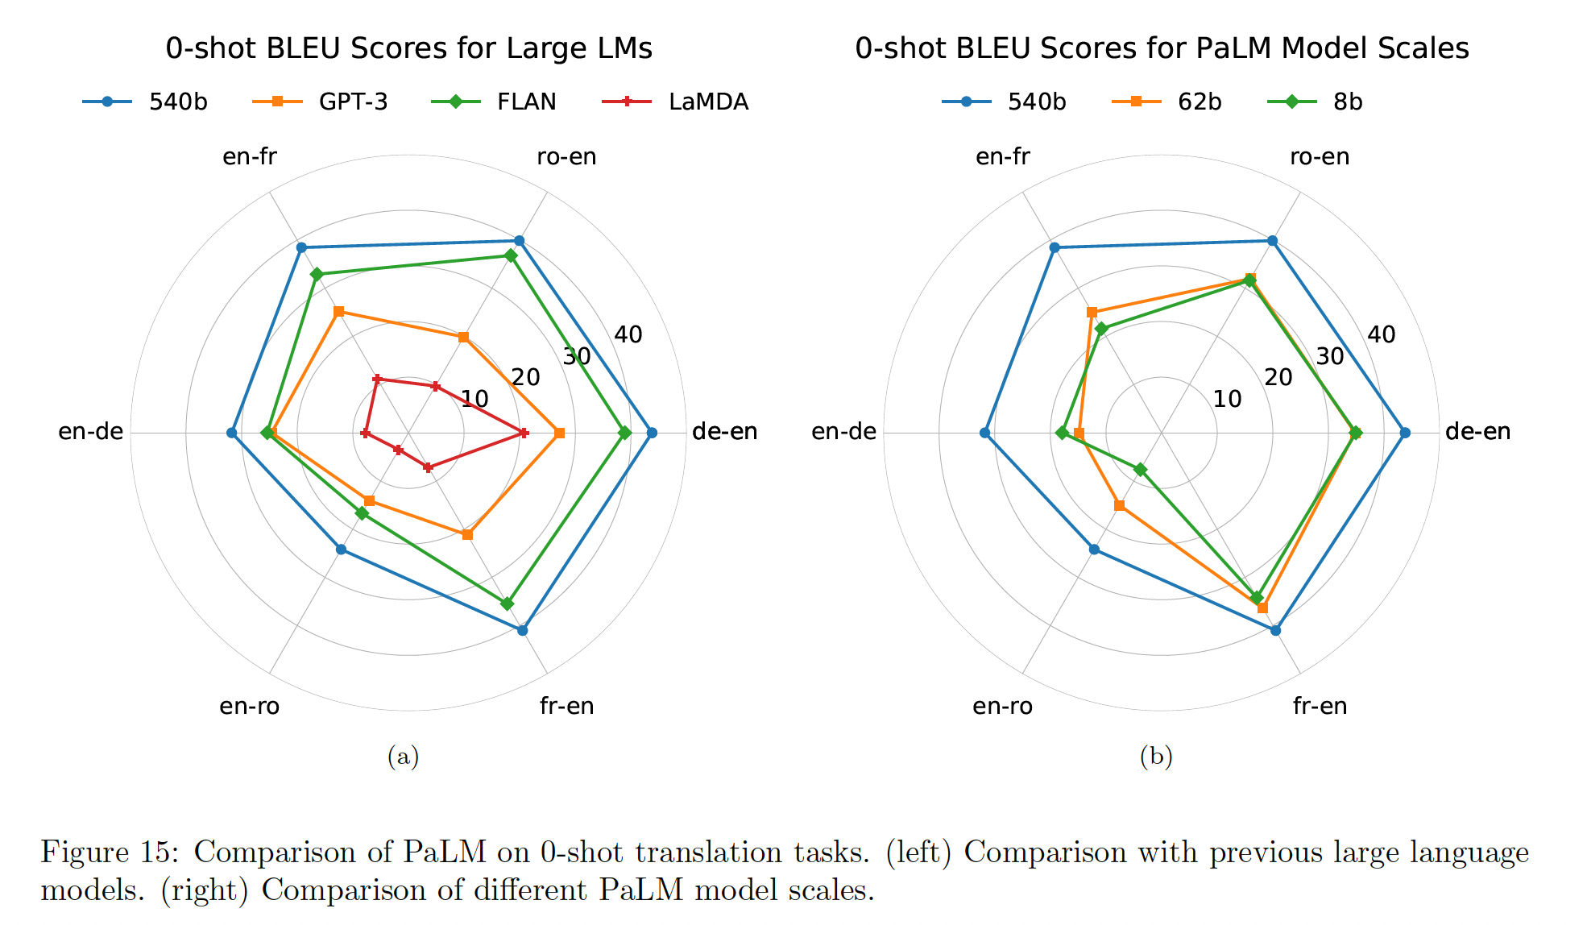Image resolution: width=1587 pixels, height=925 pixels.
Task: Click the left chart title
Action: pyautogui.click(x=408, y=48)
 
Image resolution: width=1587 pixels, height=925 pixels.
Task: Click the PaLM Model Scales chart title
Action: pyautogui.click(x=1162, y=48)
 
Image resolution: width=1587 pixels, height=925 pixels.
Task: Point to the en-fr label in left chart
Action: pyautogui.click(x=250, y=156)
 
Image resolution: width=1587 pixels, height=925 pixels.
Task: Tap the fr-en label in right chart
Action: pyautogui.click(x=1320, y=706)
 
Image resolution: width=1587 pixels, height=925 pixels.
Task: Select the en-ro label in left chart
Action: pyautogui.click(x=250, y=706)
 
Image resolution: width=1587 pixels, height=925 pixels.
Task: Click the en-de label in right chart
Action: pyautogui.click(x=843, y=432)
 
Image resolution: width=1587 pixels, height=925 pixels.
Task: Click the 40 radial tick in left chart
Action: pyautogui.click(x=628, y=334)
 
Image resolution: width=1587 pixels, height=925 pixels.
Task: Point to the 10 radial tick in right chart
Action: pyautogui.click(x=1228, y=398)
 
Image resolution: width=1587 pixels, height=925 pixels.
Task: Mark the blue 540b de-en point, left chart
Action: pyautogui.click(x=652, y=433)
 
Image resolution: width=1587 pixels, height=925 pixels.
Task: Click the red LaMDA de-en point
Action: pyautogui.click(x=524, y=433)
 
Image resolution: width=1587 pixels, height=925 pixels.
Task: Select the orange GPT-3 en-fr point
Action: pyautogui.click(x=339, y=311)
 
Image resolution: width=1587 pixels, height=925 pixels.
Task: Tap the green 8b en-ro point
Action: pyautogui.click(x=1140, y=469)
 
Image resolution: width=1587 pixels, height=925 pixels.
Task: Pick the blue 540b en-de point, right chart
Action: pyautogui.click(x=984, y=433)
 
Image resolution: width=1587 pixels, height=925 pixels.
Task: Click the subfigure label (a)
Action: pyautogui.click(x=403, y=756)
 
